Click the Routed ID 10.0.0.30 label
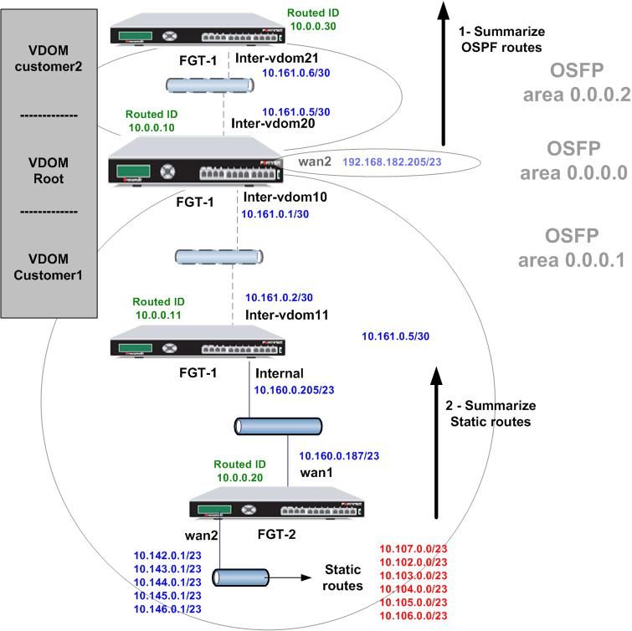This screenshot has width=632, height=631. tap(312, 19)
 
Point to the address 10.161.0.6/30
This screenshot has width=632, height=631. tap(295, 74)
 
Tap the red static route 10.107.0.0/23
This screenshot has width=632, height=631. tap(414, 549)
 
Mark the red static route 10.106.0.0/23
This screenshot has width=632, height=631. tap(414, 616)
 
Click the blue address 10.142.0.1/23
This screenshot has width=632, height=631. tap(167, 554)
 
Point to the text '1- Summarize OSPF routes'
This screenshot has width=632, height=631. tap(501, 39)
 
